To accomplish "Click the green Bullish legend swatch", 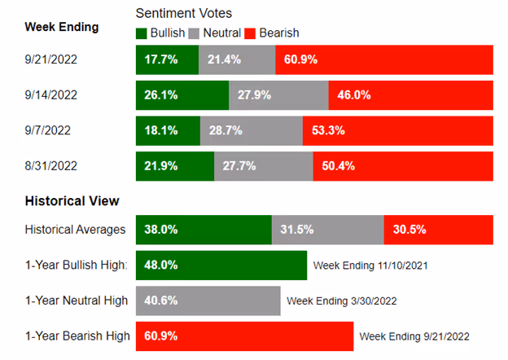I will (x=142, y=33).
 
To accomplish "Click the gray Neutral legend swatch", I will (x=194, y=33).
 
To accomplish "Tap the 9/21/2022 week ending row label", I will (x=51, y=59).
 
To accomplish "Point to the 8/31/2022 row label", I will (x=51, y=165).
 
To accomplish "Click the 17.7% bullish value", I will (x=160, y=60).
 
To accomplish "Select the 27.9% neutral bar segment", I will (x=278, y=95).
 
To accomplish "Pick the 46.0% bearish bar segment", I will (x=410, y=95).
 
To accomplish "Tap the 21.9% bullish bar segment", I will (x=174, y=165).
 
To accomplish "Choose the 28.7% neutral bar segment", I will (x=251, y=130).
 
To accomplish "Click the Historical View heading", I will (x=72, y=200).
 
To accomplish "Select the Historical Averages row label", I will (x=74, y=230).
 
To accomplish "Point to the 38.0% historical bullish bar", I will (x=203, y=230).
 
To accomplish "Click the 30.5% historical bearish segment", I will (x=438, y=230).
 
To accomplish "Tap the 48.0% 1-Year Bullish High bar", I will (x=220, y=265).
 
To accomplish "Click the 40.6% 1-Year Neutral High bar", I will (x=207, y=301).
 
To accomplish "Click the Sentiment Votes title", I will (x=182, y=14).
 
